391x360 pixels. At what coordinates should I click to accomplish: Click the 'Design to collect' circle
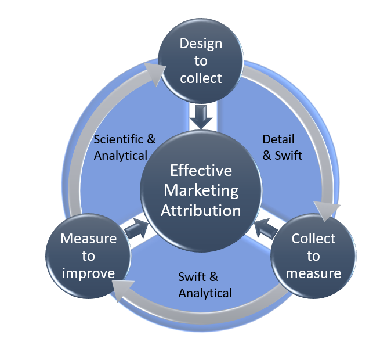(x=201, y=61)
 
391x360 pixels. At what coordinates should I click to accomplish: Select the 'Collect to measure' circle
(x=313, y=255)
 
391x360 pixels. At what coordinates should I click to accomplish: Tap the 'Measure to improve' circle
(x=88, y=255)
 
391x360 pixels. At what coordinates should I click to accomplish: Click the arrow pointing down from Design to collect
(x=201, y=116)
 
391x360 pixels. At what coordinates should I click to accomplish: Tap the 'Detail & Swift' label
(x=279, y=147)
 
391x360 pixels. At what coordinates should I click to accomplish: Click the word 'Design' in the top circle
(x=201, y=44)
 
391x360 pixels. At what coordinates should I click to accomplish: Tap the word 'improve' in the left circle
(x=88, y=273)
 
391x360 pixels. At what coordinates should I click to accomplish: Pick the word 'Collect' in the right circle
(x=313, y=239)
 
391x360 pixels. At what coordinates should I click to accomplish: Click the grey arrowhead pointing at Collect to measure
(x=325, y=210)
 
